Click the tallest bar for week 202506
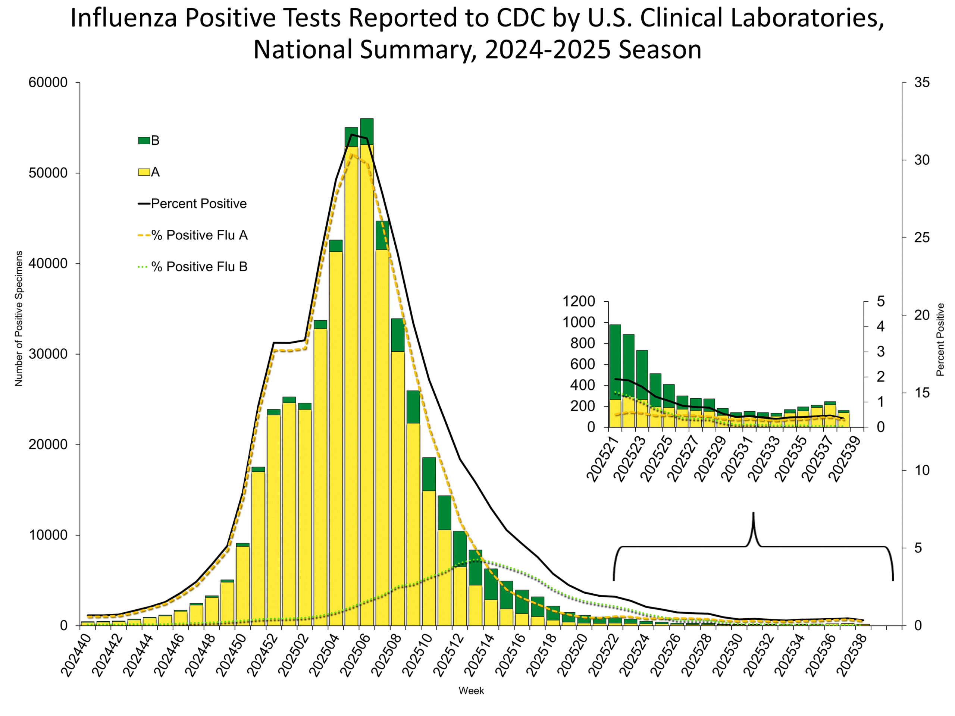tap(367, 371)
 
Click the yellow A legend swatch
tap(144, 172)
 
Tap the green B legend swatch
tap(144, 141)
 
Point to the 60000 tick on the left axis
tap(48, 82)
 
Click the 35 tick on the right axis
tap(922, 82)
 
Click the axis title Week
tap(471, 691)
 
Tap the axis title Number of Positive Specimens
tap(19, 318)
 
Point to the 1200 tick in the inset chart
tap(579, 301)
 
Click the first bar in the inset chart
tap(615, 376)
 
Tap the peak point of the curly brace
tap(754, 514)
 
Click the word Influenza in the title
tap(123, 18)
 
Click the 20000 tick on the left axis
tap(48, 444)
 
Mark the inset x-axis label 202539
tap(845, 458)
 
